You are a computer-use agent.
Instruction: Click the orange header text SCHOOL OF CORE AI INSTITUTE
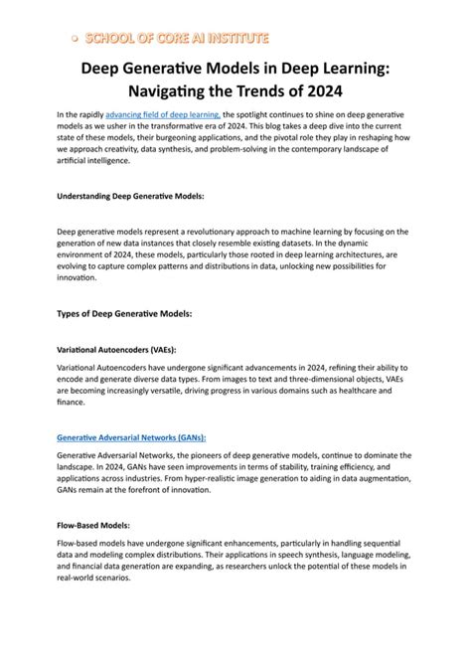[x=176, y=39]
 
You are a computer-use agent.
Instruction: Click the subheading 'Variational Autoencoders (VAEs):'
[x=117, y=349]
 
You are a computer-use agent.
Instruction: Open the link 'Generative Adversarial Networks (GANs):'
[x=138, y=437]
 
